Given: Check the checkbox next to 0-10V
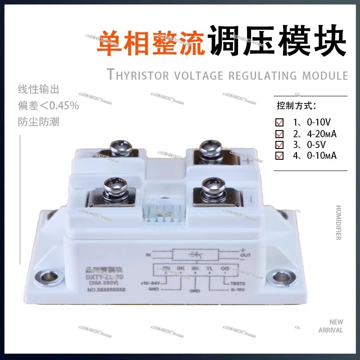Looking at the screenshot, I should coord(279,122).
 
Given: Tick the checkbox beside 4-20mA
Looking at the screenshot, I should coord(279,134).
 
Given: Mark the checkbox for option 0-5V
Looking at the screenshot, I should coord(279,145).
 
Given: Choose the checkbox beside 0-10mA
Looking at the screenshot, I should coord(279,156).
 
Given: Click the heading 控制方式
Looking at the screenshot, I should coord(296,106).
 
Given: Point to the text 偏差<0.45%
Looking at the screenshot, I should coord(48,106).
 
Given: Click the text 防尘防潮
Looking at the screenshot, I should coord(38,121).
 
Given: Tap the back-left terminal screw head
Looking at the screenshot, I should coord(120,147).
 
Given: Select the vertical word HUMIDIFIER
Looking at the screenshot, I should coord(338,223).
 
